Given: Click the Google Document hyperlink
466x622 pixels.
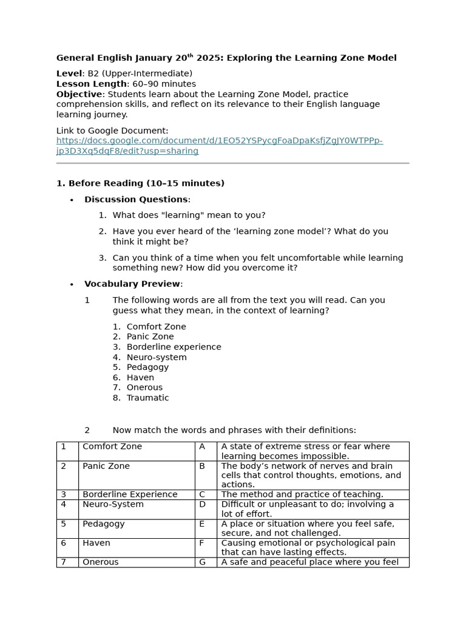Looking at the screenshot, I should tap(219, 146).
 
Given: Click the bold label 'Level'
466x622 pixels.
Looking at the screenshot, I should tap(69, 73).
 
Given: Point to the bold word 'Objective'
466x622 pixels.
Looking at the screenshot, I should tap(79, 94).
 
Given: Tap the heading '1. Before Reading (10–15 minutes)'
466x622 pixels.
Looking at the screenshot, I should tap(140, 183).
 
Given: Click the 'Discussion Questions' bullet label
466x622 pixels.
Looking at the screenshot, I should tap(136, 199).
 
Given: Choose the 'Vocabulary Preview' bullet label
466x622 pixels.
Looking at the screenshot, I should tap(132, 284).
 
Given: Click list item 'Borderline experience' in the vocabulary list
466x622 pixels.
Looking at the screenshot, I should tap(174, 347).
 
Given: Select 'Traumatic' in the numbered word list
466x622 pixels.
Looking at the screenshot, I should tap(147, 398).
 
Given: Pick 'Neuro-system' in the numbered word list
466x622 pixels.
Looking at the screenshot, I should tap(157, 357).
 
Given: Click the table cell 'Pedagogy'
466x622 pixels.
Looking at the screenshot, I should tap(103, 524).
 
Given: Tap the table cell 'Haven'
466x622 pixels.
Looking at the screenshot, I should tap(96, 543).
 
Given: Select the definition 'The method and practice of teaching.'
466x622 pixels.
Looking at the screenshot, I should tap(302, 494).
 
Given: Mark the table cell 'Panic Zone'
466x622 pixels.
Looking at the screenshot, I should tap(106, 466).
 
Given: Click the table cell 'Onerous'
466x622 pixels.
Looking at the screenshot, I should tap(101, 562).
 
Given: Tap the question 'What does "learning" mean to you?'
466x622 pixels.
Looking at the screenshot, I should tap(189, 215).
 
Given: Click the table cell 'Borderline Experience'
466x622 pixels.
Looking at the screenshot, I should tap(130, 494).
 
